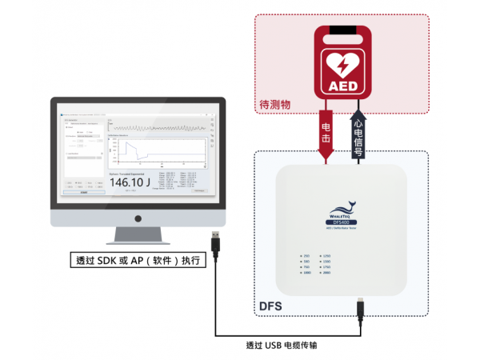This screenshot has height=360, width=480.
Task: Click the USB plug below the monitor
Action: (217, 241)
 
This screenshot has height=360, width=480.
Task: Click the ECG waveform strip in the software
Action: (156, 126)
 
